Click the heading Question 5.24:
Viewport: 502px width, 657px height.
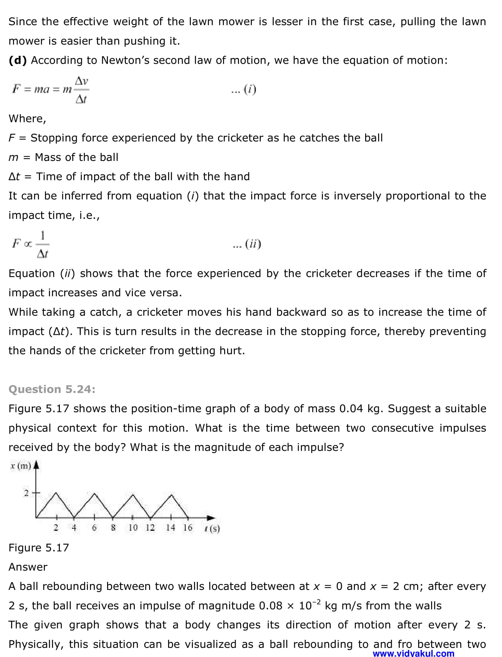pyautogui.click(x=52, y=389)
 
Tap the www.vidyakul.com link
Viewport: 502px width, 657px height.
pyautogui.click(x=413, y=653)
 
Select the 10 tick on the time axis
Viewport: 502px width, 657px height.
pyautogui.click(x=133, y=528)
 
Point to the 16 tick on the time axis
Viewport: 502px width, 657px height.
pyautogui.click(x=188, y=528)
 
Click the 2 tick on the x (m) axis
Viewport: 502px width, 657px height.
pyautogui.click(x=26, y=493)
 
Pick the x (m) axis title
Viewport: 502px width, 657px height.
pyautogui.click(x=21, y=466)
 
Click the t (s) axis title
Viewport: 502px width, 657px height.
pyautogui.click(x=212, y=528)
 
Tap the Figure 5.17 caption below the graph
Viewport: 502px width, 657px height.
pyautogui.click(x=38, y=548)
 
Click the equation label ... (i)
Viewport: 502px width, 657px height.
pyautogui.click(x=244, y=90)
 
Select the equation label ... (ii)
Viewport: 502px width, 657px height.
pyautogui.click(x=247, y=244)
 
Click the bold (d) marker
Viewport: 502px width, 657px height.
pyautogui.click(x=18, y=60)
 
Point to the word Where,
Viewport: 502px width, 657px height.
pyautogui.click(x=27, y=119)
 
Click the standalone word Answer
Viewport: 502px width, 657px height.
pyautogui.click(x=28, y=567)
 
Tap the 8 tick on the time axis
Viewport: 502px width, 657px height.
pyautogui.click(x=113, y=528)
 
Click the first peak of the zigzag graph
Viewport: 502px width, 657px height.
pyautogui.click(x=56, y=494)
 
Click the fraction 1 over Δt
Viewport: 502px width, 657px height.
pyautogui.click(x=43, y=244)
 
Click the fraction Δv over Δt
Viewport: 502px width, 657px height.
pyautogui.click(x=81, y=90)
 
